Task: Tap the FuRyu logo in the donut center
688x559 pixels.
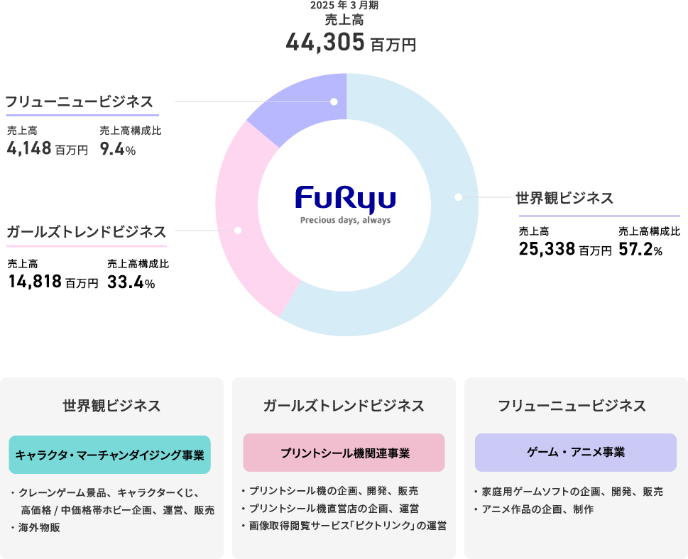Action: [x=345, y=198]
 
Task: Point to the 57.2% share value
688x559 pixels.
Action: [x=640, y=249]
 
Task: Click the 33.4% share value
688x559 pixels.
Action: [x=131, y=282]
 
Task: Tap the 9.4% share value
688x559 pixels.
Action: [x=117, y=149]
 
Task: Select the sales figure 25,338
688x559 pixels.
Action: [x=547, y=249]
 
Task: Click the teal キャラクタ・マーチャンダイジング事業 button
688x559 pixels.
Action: [x=109, y=455]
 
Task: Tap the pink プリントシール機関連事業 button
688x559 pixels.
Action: [x=344, y=453]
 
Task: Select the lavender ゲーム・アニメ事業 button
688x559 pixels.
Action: [x=576, y=453]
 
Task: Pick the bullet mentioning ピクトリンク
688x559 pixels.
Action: [x=347, y=526]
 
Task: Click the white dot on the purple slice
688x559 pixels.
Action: [x=334, y=102]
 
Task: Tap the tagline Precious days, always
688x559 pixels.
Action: [x=345, y=220]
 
